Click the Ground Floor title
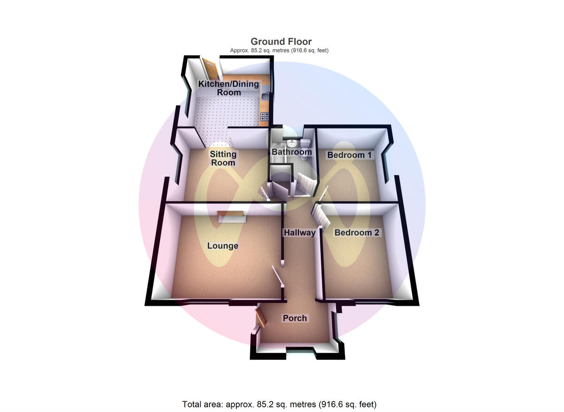point(281,42)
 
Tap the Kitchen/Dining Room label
point(228,88)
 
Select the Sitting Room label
point(223,158)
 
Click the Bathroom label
point(291,152)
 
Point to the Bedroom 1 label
point(349,155)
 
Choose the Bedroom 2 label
point(356,233)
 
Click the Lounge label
point(223,246)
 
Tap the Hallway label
point(299,233)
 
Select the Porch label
point(295,318)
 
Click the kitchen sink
point(266,97)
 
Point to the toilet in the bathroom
point(305,142)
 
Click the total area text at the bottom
point(279,404)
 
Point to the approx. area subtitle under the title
point(279,50)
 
